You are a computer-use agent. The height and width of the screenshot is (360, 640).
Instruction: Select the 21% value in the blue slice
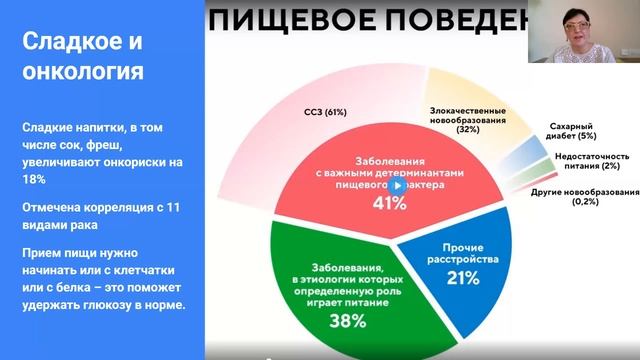[461, 277]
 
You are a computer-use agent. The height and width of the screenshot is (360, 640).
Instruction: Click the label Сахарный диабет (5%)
[573, 132]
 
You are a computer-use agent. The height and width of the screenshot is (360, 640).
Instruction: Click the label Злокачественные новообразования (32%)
[467, 120]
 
